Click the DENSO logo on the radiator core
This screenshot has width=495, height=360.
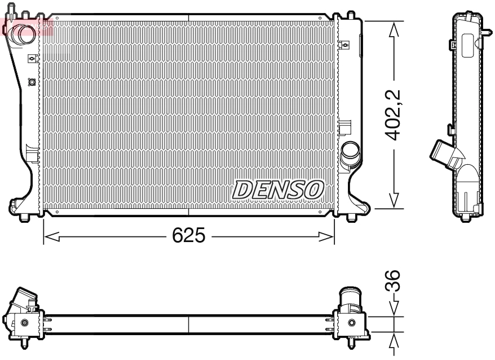278,190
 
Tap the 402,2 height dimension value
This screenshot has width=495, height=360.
393,115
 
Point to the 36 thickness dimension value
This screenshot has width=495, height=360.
394,280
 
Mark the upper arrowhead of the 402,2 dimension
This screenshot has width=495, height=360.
394,29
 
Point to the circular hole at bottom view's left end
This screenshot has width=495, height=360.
24,323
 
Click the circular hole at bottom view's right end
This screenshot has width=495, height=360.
352,323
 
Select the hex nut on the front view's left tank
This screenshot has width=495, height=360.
32,82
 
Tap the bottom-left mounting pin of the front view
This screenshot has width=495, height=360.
25,218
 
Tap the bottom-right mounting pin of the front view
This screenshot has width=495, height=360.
352,217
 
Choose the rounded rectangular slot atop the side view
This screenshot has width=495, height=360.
467,45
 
